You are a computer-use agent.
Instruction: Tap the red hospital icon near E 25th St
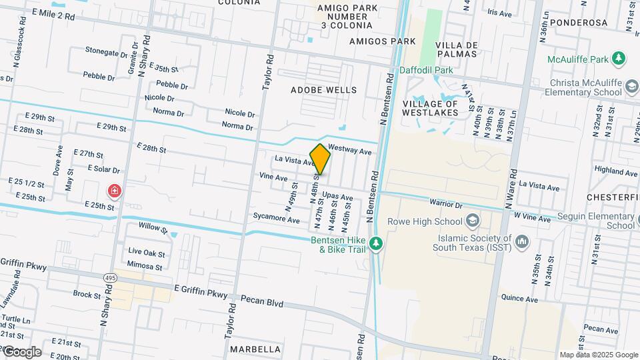115,192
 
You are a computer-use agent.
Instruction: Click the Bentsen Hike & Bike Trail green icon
377,244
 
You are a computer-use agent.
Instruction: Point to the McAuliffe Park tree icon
619,59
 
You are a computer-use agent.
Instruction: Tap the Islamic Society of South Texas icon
521,241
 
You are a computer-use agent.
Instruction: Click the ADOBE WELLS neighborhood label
323,90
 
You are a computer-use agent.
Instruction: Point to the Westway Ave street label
349,151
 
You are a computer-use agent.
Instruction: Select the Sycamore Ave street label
276,217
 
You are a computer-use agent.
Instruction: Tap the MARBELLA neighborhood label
255,349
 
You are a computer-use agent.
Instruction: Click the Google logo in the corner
22,352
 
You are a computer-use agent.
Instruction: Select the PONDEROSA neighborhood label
584,22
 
